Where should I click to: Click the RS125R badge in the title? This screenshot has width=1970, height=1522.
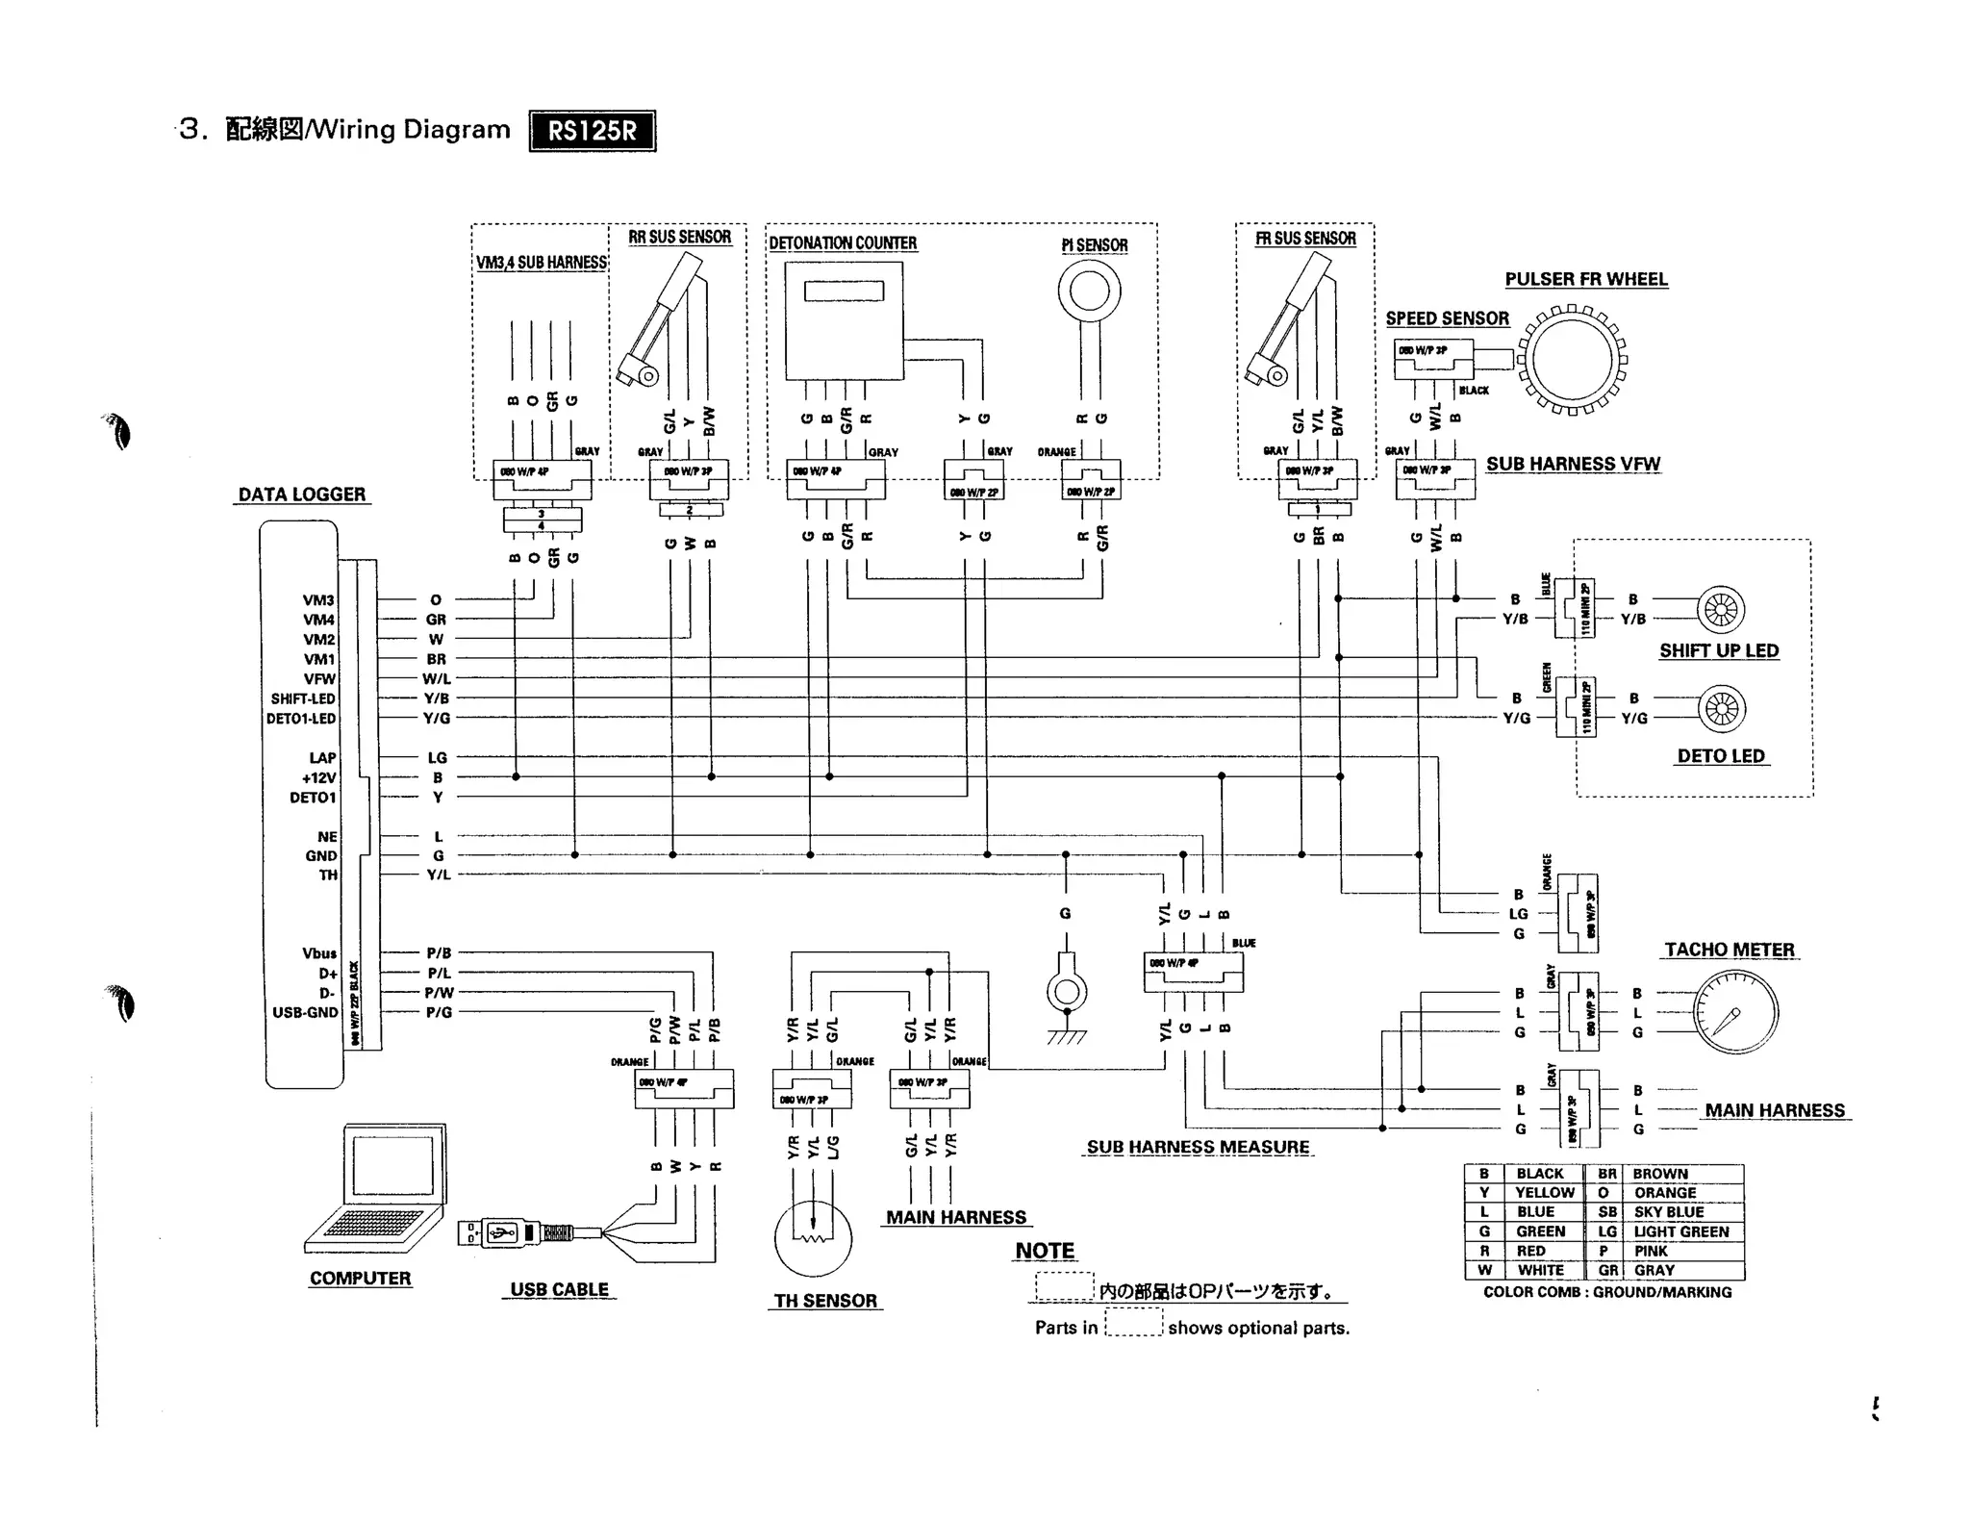[592, 131]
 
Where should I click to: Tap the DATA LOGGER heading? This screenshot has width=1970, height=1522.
[302, 495]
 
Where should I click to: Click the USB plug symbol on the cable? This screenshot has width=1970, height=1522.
[501, 1232]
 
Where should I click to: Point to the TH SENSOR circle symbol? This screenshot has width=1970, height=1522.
[813, 1239]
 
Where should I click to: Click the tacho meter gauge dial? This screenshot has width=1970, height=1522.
[1735, 1012]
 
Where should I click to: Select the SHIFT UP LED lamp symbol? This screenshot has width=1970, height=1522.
[1720, 610]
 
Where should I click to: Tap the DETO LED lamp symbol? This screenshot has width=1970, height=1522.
[1721, 709]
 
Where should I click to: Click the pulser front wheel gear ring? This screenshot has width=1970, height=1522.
[1572, 360]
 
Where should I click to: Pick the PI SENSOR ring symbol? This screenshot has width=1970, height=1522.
[1089, 291]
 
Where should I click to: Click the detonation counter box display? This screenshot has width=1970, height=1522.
[844, 291]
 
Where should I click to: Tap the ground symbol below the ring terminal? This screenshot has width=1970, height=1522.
[1066, 1036]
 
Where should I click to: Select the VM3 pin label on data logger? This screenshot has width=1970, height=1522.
[318, 600]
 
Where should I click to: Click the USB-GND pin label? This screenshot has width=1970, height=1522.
[305, 1012]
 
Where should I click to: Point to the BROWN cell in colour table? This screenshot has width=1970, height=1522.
[1660, 1174]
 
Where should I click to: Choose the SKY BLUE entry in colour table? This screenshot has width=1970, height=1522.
[1669, 1212]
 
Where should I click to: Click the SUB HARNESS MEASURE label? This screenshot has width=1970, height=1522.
[1198, 1147]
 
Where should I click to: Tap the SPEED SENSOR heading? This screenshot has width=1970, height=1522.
[1447, 318]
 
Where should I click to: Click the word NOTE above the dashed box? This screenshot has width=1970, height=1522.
[1045, 1251]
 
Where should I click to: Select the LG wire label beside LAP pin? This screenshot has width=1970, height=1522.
[437, 758]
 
